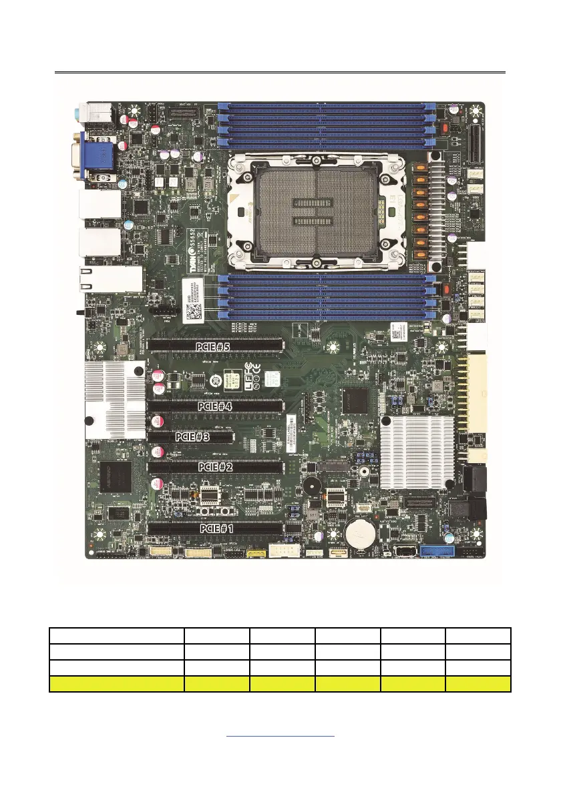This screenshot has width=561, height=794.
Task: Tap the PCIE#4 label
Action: tap(215, 405)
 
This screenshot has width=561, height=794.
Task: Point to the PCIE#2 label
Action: tap(215, 467)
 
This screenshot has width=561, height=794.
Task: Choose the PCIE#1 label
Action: tap(217, 528)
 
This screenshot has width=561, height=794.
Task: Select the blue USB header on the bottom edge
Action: tap(437, 551)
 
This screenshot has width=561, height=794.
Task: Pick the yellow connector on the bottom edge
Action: tap(255, 553)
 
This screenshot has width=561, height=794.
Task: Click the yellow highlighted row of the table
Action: tap(280, 683)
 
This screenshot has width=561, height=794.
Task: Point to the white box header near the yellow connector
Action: tap(281, 550)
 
